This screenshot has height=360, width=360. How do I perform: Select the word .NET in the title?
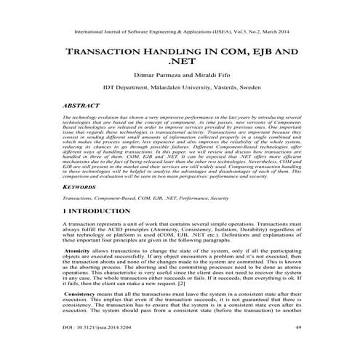pyautogui.click(x=179, y=67)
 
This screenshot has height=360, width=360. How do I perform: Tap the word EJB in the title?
pyautogui.click(x=273, y=55)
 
